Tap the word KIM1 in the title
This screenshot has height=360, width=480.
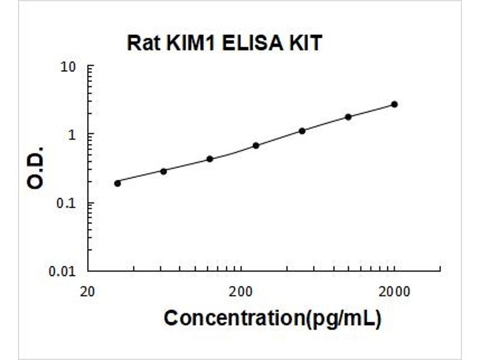tap(182, 43)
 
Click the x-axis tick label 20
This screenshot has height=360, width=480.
tap(88, 293)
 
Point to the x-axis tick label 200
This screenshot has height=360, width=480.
tap(241, 293)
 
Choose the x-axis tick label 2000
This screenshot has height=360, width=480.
tap(394, 293)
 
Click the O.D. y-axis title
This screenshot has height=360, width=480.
tap(36, 167)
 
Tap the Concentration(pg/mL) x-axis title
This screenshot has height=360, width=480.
tap(272, 319)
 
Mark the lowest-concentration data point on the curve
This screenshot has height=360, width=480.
tap(117, 183)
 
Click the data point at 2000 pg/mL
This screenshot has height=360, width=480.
tap(394, 104)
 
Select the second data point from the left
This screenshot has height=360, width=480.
tap(163, 171)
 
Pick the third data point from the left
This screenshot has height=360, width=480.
tap(209, 159)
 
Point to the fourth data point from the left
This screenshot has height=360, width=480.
tap(256, 145)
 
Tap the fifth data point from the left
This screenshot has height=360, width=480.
tap(302, 131)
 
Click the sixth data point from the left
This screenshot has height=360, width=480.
tap(348, 117)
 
